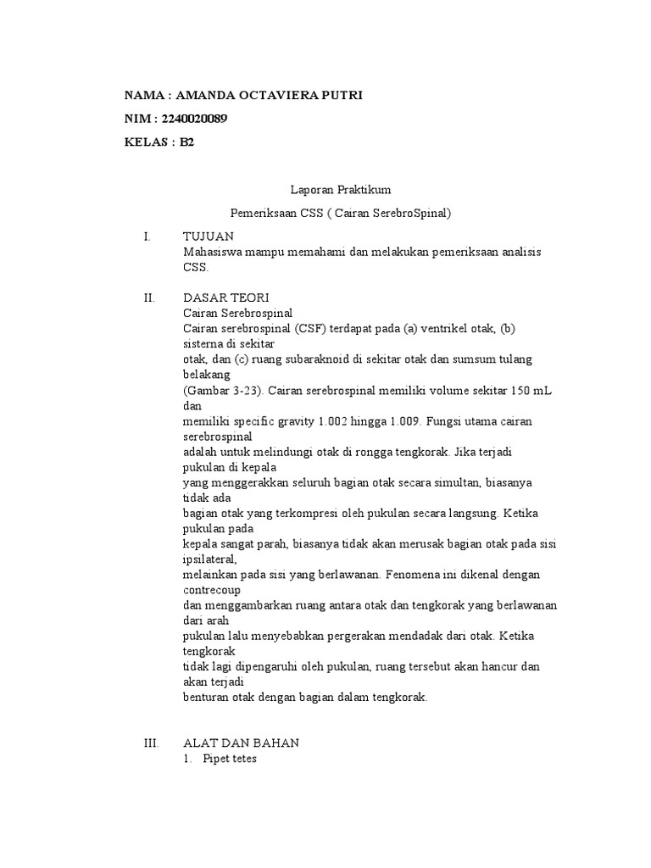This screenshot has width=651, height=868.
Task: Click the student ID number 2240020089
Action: (193, 119)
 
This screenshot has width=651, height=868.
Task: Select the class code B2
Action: (186, 142)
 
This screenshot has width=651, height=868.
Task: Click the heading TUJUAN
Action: (209, 236)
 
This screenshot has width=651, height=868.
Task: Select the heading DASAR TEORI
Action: (225, 298)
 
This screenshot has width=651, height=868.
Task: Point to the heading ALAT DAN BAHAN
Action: (241, 743)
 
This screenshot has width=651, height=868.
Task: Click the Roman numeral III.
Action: (152, 743)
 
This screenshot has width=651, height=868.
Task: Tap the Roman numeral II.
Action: (149, 298)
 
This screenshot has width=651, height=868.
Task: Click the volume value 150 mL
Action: (506, 390)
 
